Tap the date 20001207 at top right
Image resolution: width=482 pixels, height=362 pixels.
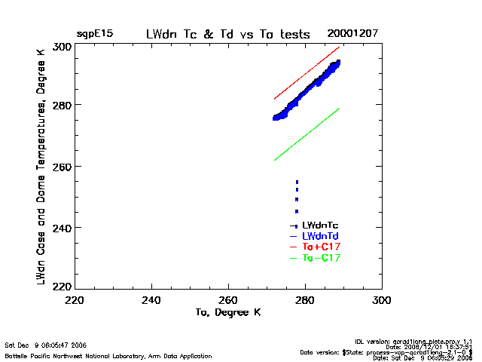click(x=352, y=35)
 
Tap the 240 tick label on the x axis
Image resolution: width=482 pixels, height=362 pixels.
click(x=152, y=299)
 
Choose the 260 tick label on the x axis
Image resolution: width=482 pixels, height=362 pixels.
click(x=229, y=299)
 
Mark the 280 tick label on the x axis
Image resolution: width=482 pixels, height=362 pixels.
click(x=305, y=299)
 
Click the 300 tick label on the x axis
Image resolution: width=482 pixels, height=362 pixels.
click(x=381, y=299)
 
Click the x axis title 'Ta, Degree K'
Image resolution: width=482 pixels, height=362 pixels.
click(x=228, y=312)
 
